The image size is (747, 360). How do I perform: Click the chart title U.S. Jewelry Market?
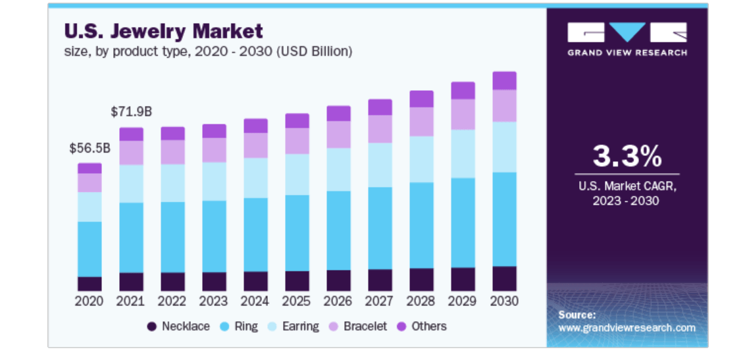[x=163, y=31]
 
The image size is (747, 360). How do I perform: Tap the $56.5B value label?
[x=90, y=149]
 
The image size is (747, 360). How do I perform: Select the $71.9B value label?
[x=131, y=112]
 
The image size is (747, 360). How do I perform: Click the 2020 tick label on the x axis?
[x=90, y=301]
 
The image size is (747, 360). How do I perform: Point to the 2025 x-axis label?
[x=297, y=301]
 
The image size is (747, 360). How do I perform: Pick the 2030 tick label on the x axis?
[x=504, y=301]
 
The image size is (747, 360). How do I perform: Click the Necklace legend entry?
[x=178, y=326]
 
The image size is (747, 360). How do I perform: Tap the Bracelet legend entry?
[x=358, y=326]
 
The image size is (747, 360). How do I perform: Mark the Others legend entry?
[x=422, y=326]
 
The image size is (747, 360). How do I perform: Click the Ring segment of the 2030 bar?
[x=504, y=219]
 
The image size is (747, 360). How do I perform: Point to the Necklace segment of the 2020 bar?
[x=90, y=284]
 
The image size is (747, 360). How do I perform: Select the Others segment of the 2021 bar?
[x=131, y=134]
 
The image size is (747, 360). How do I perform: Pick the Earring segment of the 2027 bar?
[x=380, y=165]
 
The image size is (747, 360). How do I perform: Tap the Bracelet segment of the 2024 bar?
[x=255, y=145]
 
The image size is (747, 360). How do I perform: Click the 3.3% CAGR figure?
[x=627, y=157]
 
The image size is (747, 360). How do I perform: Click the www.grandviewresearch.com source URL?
[x=627, y=328]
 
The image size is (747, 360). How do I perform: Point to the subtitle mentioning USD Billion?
[x=208, y=51]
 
